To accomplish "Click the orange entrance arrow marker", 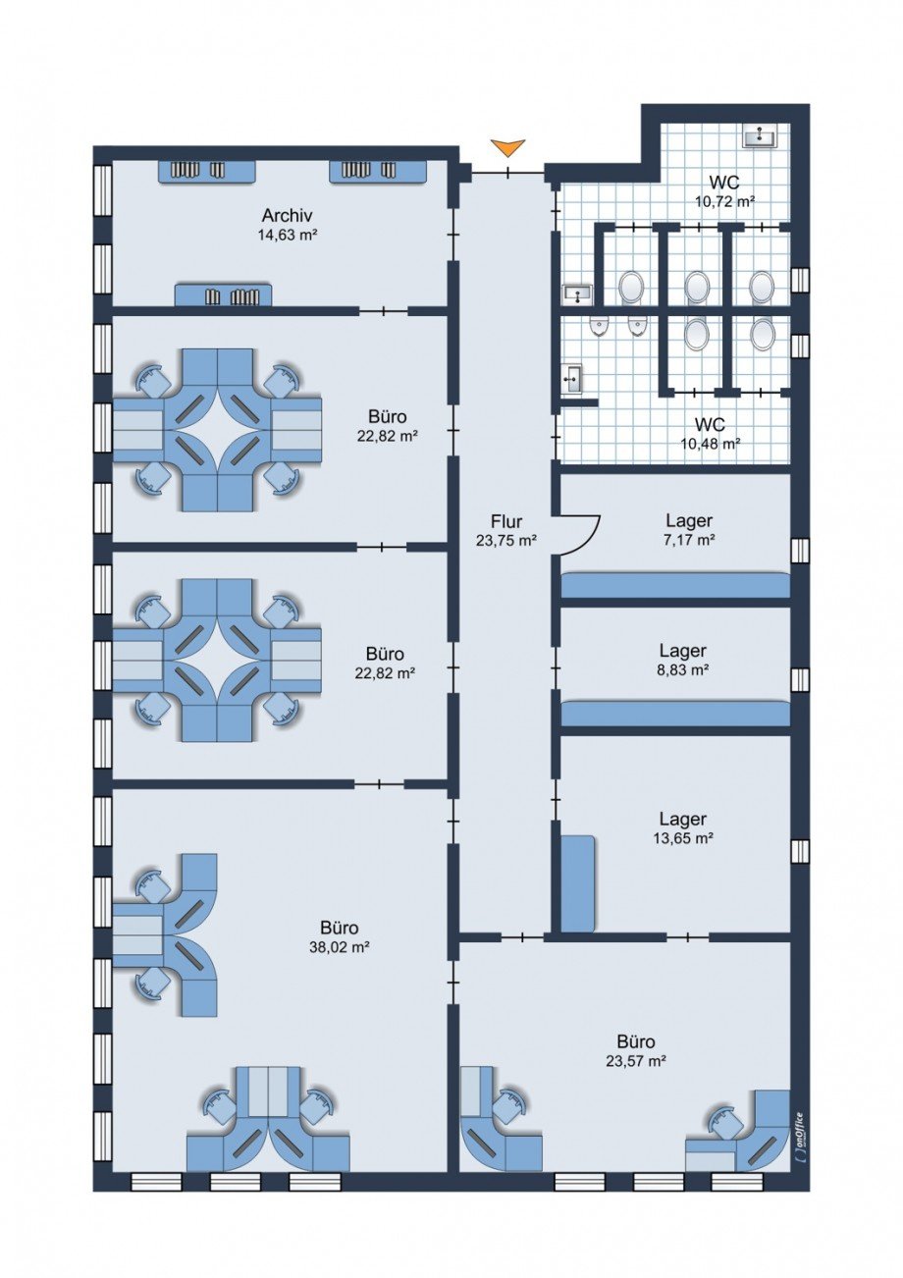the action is pyautogui.click(x=508, y=147).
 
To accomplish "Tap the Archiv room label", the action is pyautogui.click(x=287, y=216).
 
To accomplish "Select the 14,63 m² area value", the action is pyautogui.click(x=288, y=235).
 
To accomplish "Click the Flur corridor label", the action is pyautogui.click(x=506, y=521).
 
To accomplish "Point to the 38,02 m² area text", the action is pyautogui.click(x=339, y=947).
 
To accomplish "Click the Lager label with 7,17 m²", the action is pyautogui.click(x=689, y=520).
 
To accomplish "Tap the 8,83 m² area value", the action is pyautogui.click(x=683, y=669).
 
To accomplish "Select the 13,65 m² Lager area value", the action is pyautogui.click(x=683, y=838).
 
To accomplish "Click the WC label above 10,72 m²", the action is pyautogui.click(x=724, y=183).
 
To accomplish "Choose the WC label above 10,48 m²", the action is pyautogui.click(x=710, y=424).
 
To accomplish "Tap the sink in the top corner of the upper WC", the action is pyautogui.click(x=760, y=135).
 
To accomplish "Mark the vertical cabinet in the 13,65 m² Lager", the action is pyautogui.click(x=578, y=883).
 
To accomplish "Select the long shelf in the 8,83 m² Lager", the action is pyautogui.click(x=675, y=714).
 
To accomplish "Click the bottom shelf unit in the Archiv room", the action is pyautogui.click(x=223, y=294).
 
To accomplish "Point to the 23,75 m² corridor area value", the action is pyautogui.click(x=506, y=540).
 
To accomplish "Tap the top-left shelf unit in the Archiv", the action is pyautogui.click(x=206, y=171).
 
